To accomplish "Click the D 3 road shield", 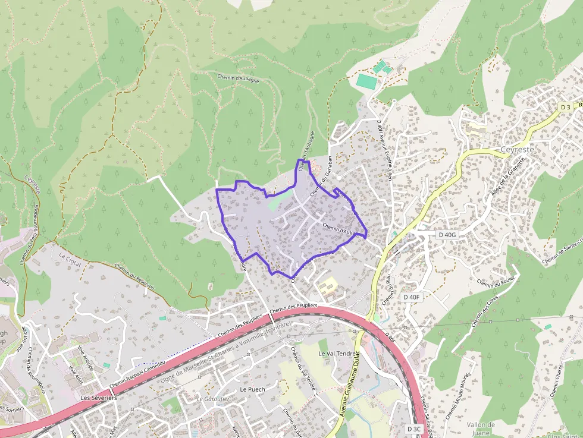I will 566,107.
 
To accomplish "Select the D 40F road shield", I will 411,297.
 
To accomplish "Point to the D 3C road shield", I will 415,428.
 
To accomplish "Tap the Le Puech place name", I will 252,389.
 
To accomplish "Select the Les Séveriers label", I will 99,398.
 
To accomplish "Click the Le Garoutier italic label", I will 212,399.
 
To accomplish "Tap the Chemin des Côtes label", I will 484,311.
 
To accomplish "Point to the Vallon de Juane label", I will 481,428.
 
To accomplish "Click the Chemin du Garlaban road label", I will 321,174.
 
